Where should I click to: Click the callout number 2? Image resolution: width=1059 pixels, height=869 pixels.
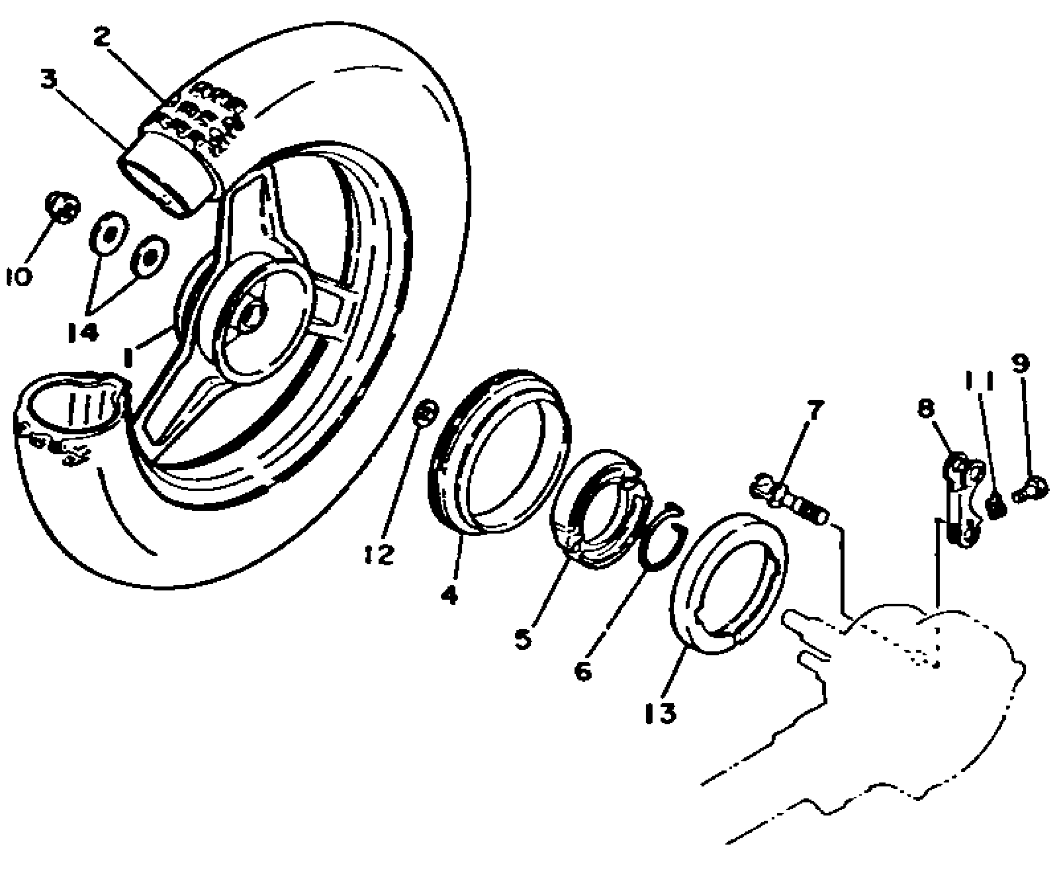coord(102,37)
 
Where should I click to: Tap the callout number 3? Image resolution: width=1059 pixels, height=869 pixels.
coord(50,80)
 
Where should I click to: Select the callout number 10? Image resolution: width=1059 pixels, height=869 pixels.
coord(19,277)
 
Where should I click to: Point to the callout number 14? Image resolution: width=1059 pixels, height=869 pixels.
coord(83,332)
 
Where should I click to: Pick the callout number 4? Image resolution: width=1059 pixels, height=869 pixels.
coord(449,595)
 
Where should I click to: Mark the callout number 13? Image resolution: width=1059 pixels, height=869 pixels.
coord(661,713)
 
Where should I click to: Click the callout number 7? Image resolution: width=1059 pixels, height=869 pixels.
coord(814,409)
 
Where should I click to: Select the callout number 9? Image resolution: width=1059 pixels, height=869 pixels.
coord(1020,364)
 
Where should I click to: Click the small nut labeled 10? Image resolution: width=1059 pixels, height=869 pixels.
coord(63,208)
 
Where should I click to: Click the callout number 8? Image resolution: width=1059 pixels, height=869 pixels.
coord(926,408)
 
